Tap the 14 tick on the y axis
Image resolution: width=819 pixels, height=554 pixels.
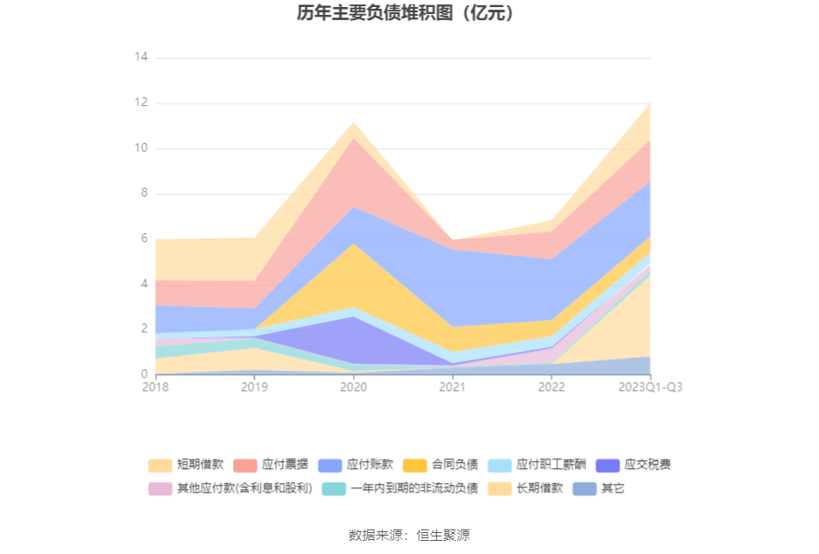click(x=141, y=57)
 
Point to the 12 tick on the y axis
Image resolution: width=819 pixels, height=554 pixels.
click(x=141, y=103)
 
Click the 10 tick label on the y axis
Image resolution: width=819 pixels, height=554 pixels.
click(x=141, y=148)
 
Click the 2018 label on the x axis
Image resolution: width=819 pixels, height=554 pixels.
click(x=156, y=387)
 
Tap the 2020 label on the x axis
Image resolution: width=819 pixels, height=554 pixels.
click(x=353, y=387)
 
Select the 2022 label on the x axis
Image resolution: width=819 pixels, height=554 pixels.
click(x=551, y=387)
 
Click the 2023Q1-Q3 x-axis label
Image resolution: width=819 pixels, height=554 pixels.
click(x=650, y=387)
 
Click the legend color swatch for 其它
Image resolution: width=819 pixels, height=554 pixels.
click(x=584, y=488)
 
